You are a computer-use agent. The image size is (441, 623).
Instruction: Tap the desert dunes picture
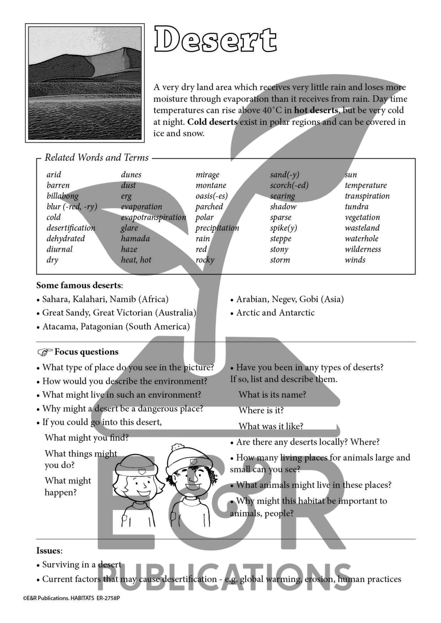(85, 83)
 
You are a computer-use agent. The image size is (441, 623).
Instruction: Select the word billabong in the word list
(63, 196)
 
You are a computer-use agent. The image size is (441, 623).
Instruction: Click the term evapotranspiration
(153, 217)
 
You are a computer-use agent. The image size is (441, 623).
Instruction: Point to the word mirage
(207, 175)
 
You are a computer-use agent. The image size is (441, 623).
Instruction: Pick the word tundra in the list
(356, 206)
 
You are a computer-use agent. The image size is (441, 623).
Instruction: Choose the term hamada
(135, 239)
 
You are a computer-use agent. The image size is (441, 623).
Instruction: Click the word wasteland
(362, 228)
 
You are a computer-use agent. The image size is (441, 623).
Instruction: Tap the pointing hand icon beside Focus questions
(45, 352)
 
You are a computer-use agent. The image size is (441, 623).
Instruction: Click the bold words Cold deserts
(212, 122)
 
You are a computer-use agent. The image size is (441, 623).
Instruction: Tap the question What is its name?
(272, 395)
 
